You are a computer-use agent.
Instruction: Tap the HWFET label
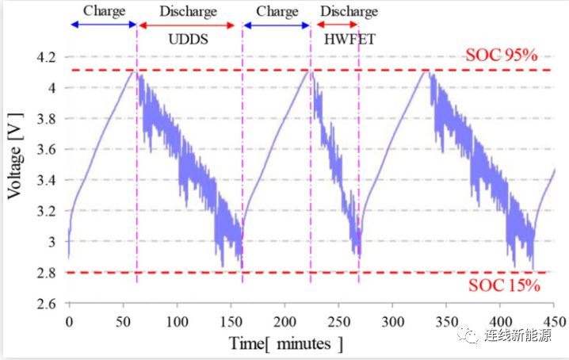[338, 39]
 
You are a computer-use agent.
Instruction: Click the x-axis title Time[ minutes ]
[286, 344]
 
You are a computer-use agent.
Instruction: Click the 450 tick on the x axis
[554, 322]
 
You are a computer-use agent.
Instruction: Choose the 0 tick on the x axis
[69, 322]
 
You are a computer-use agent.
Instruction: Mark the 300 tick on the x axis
[392, 322]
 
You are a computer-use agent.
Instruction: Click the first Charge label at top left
[103, 11]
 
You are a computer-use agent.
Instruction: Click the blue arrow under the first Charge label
[103, 25]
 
